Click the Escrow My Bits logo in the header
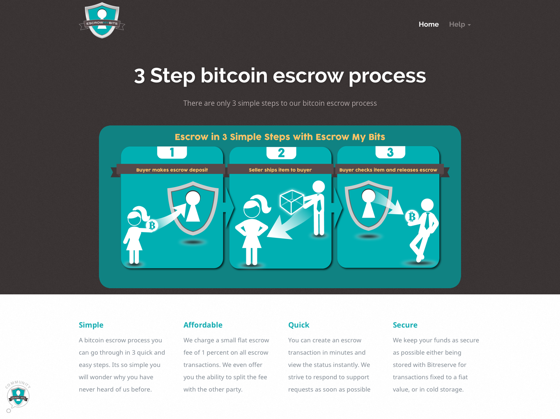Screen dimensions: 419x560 pos(102,20)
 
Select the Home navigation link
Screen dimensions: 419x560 pos(429,24)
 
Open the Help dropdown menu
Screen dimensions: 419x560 pos(459,24)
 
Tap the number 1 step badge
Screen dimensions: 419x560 pos(172,153)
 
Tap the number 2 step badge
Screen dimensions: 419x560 pos(281,153)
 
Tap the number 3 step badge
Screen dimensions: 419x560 pos(390,153)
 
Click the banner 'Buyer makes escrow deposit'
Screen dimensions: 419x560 pos(172,170)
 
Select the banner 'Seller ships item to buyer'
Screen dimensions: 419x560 pos(280,170)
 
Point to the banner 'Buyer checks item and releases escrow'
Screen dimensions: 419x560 pos(388,170)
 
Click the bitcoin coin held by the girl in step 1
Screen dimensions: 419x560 pos(152,225)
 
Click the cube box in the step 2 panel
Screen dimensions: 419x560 pos(291,202)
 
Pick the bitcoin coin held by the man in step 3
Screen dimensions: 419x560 pos(412,216)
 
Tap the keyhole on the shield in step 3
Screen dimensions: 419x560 pos(368,203)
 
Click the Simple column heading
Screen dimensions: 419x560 pos(91,325)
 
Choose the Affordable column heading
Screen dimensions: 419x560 pos(203,325)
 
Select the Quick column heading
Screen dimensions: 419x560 pos(298,325)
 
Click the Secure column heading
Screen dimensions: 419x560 pos(405,325)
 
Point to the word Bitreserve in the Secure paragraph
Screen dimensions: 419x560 pos(447,364)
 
